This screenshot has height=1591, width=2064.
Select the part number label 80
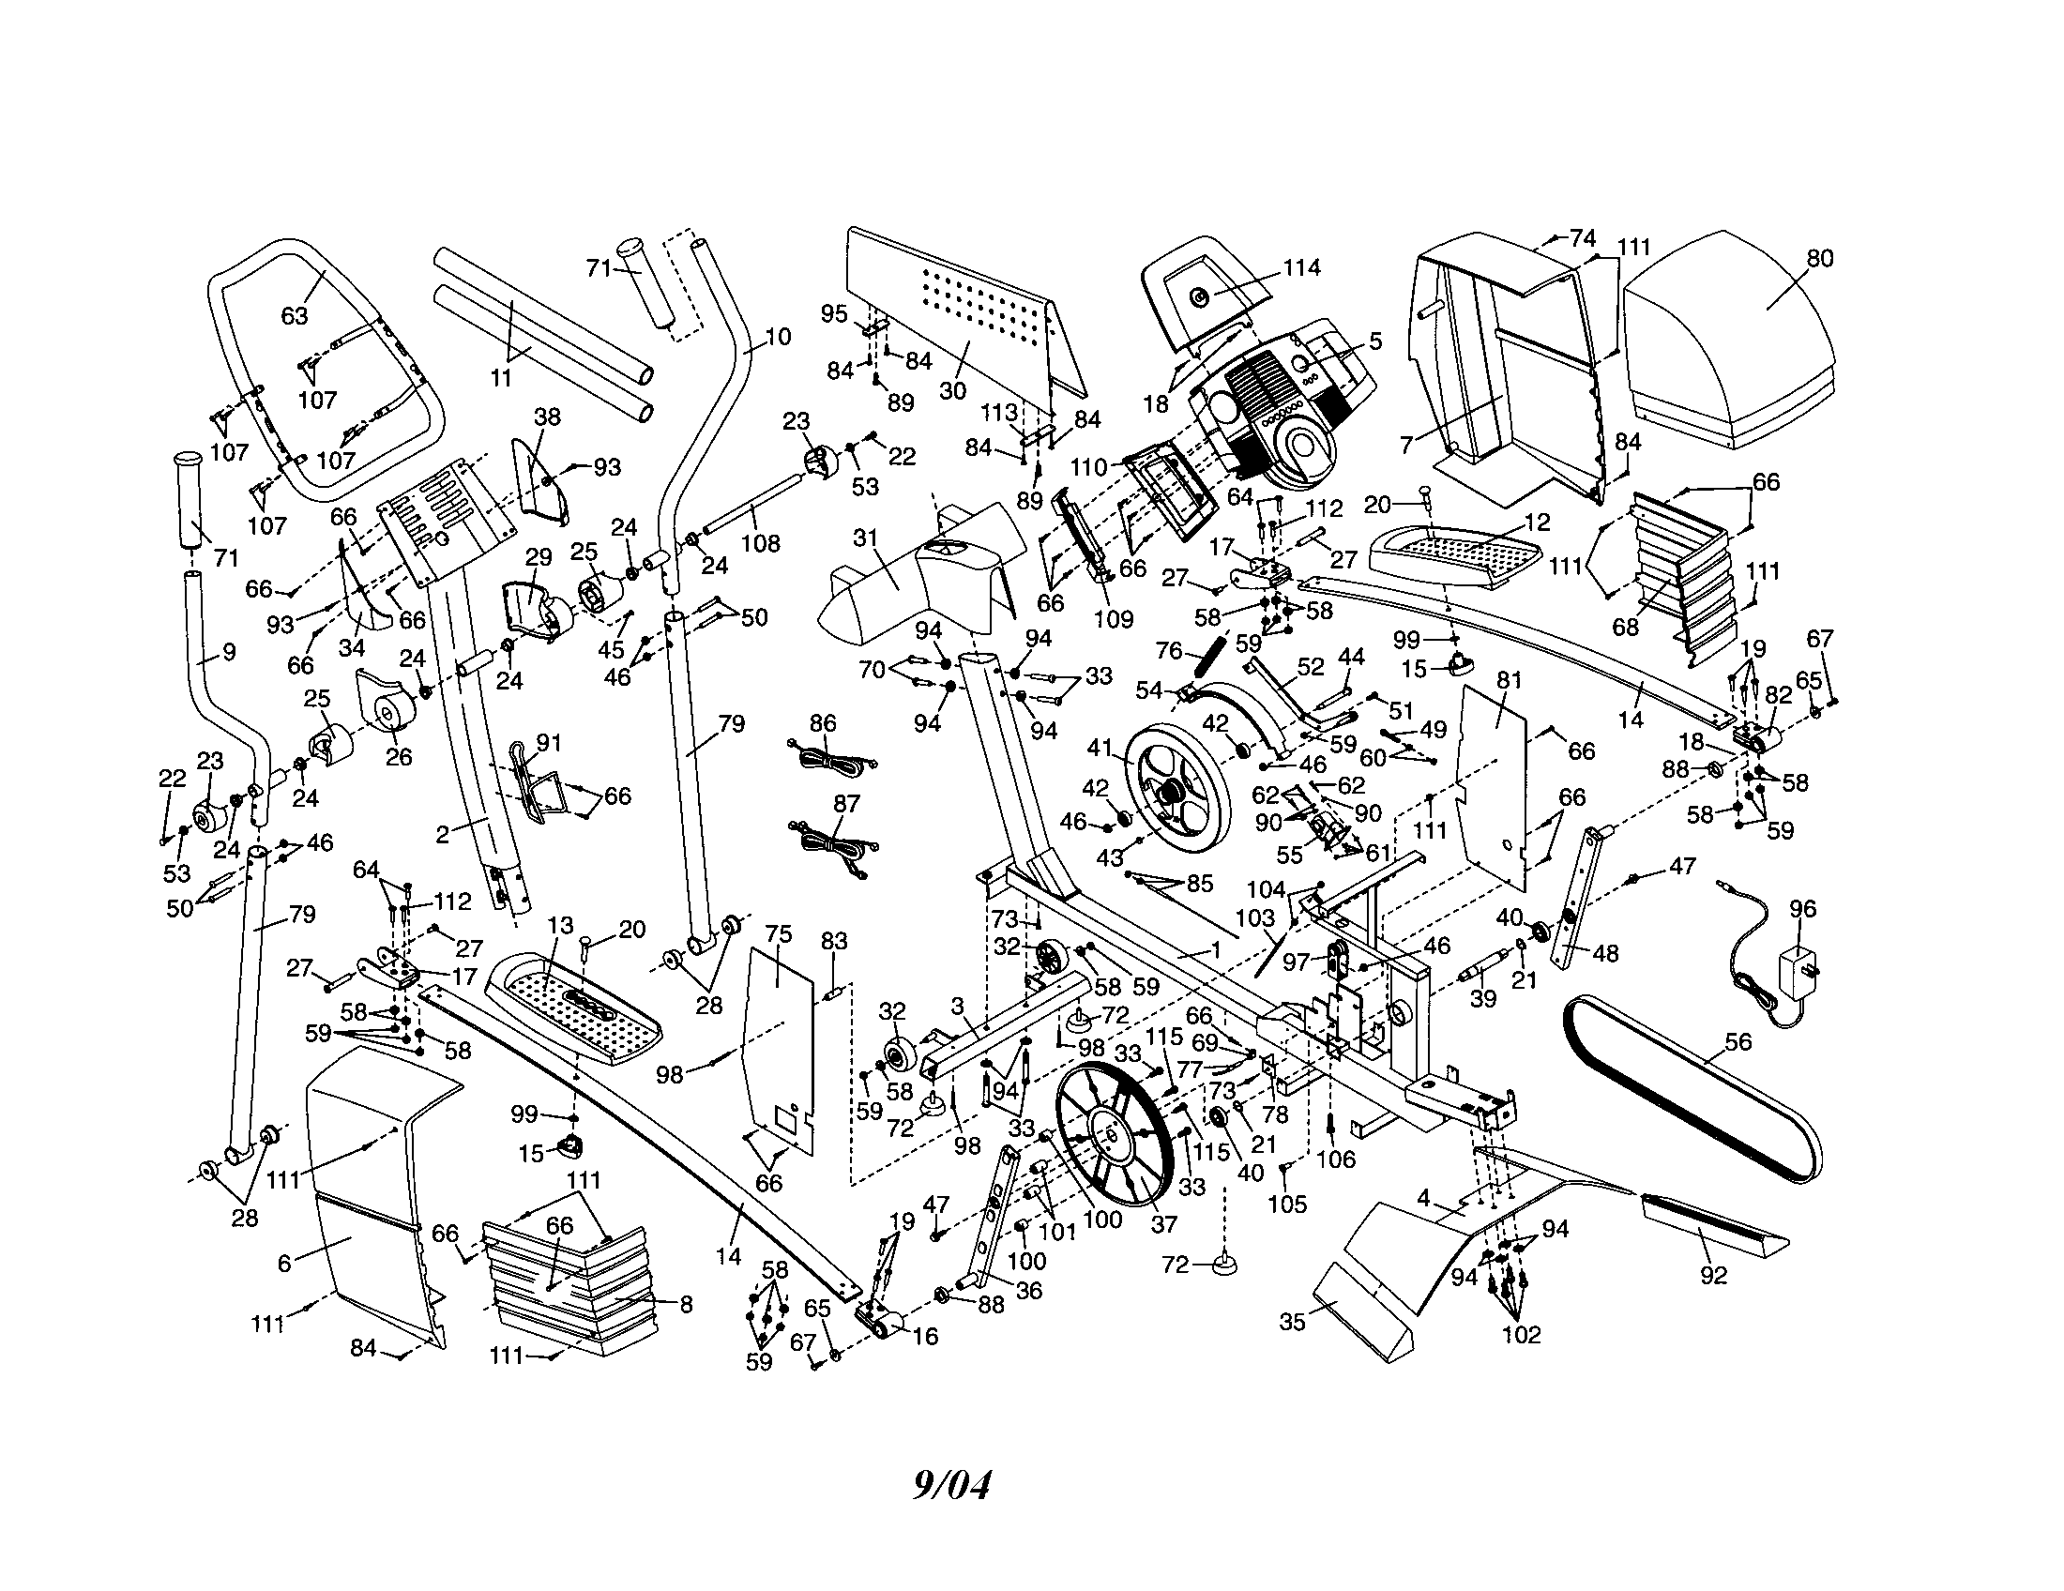pyautogui.click(x=1820, y=259)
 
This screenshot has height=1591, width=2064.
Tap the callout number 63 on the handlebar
pyautogui.click(x=295, y=314)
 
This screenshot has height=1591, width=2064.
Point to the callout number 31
pyautogui.click(x=866, y=538)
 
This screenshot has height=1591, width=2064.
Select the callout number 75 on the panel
pyautogui.click(x=778, y=932)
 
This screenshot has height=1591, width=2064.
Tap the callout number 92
pyautogui.click(x=1712, y=1276)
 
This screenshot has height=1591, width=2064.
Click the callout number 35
pyautogui.click(x=1292, y=1321)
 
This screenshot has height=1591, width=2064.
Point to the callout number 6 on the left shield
pyautogui.click(x=284, y=1263)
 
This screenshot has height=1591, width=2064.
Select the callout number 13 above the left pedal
pyautogui.click(x=560, y=926)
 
